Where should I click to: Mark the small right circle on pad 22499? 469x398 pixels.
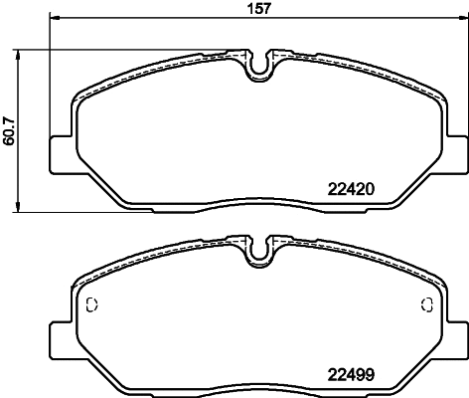pos(424,305)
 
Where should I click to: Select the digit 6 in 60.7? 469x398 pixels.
pos(10,141)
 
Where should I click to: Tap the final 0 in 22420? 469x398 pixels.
pos(367,187)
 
